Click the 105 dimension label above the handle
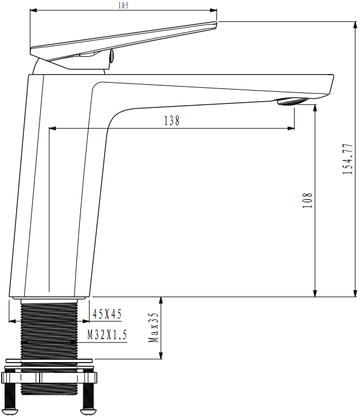coord(123,6)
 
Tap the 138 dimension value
coord(172,120)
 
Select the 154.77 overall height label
coord(348,159)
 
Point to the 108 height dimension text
coord(308,200)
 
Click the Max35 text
coord(153,327)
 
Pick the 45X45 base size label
coord(107,314)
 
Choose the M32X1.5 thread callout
coord(107,335)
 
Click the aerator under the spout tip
coord(293,102)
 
